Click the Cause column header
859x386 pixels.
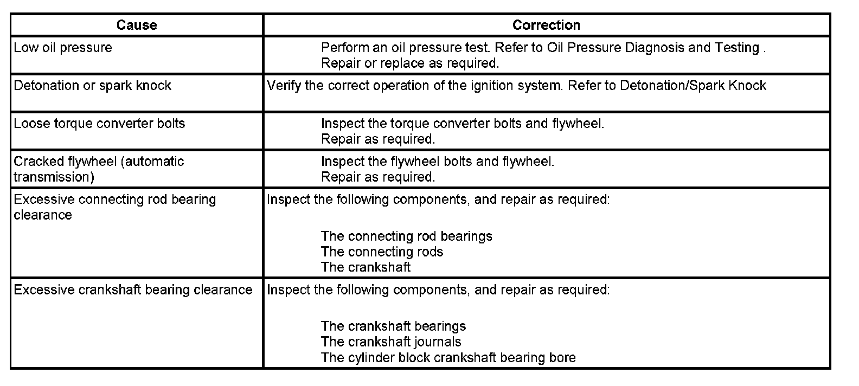point(137,25)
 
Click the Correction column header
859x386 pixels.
point(546,25)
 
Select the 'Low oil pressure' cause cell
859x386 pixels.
point(63,48)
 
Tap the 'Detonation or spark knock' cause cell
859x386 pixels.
point(92,86)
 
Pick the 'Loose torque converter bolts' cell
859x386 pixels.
point(99,124)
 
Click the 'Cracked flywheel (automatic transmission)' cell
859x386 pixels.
point(99,169)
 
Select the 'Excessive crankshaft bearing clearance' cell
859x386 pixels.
point(133,290)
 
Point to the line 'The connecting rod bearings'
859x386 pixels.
point(406,236)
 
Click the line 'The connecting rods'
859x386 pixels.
point(382,252)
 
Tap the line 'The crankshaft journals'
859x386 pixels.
point(390,342)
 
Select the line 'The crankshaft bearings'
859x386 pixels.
point(393,326)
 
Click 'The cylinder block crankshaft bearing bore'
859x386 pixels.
point(448,358)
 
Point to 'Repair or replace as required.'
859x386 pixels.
point(410,63)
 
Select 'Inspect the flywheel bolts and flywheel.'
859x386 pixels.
point(438,162)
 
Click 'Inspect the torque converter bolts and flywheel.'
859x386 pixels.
point(463,124)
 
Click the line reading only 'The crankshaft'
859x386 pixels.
point(366,267)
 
